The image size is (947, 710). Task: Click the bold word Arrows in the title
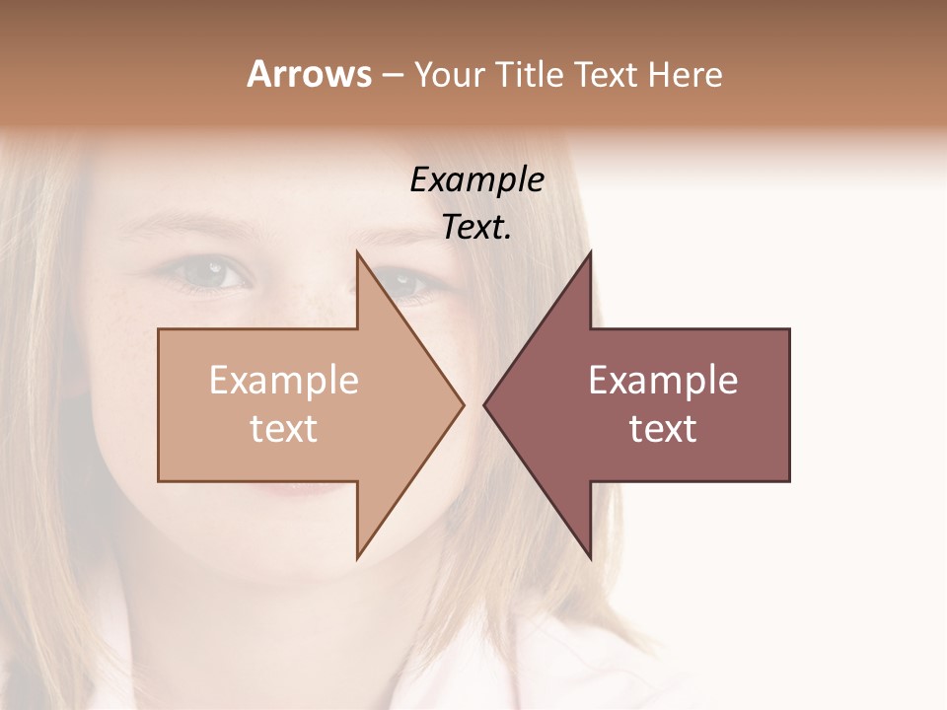point(309,74)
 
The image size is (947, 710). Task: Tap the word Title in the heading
point(530,75)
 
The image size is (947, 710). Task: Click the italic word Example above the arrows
point(476,180)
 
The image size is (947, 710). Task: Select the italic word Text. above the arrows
point(476,228)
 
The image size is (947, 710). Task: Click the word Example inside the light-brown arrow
point(284,381)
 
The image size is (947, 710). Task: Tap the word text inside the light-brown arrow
point(284,429)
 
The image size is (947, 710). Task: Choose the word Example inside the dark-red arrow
point(663,381)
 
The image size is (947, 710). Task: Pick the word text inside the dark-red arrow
point(663,429)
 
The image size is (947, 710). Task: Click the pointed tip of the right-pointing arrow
point(463,404)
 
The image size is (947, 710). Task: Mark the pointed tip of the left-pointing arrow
point(484,404)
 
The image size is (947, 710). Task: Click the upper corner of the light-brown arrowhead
point(357,253)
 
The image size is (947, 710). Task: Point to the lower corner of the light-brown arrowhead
point(357,556)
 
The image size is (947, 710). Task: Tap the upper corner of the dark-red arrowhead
point(590,253)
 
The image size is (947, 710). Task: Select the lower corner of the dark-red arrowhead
point(590,556)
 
